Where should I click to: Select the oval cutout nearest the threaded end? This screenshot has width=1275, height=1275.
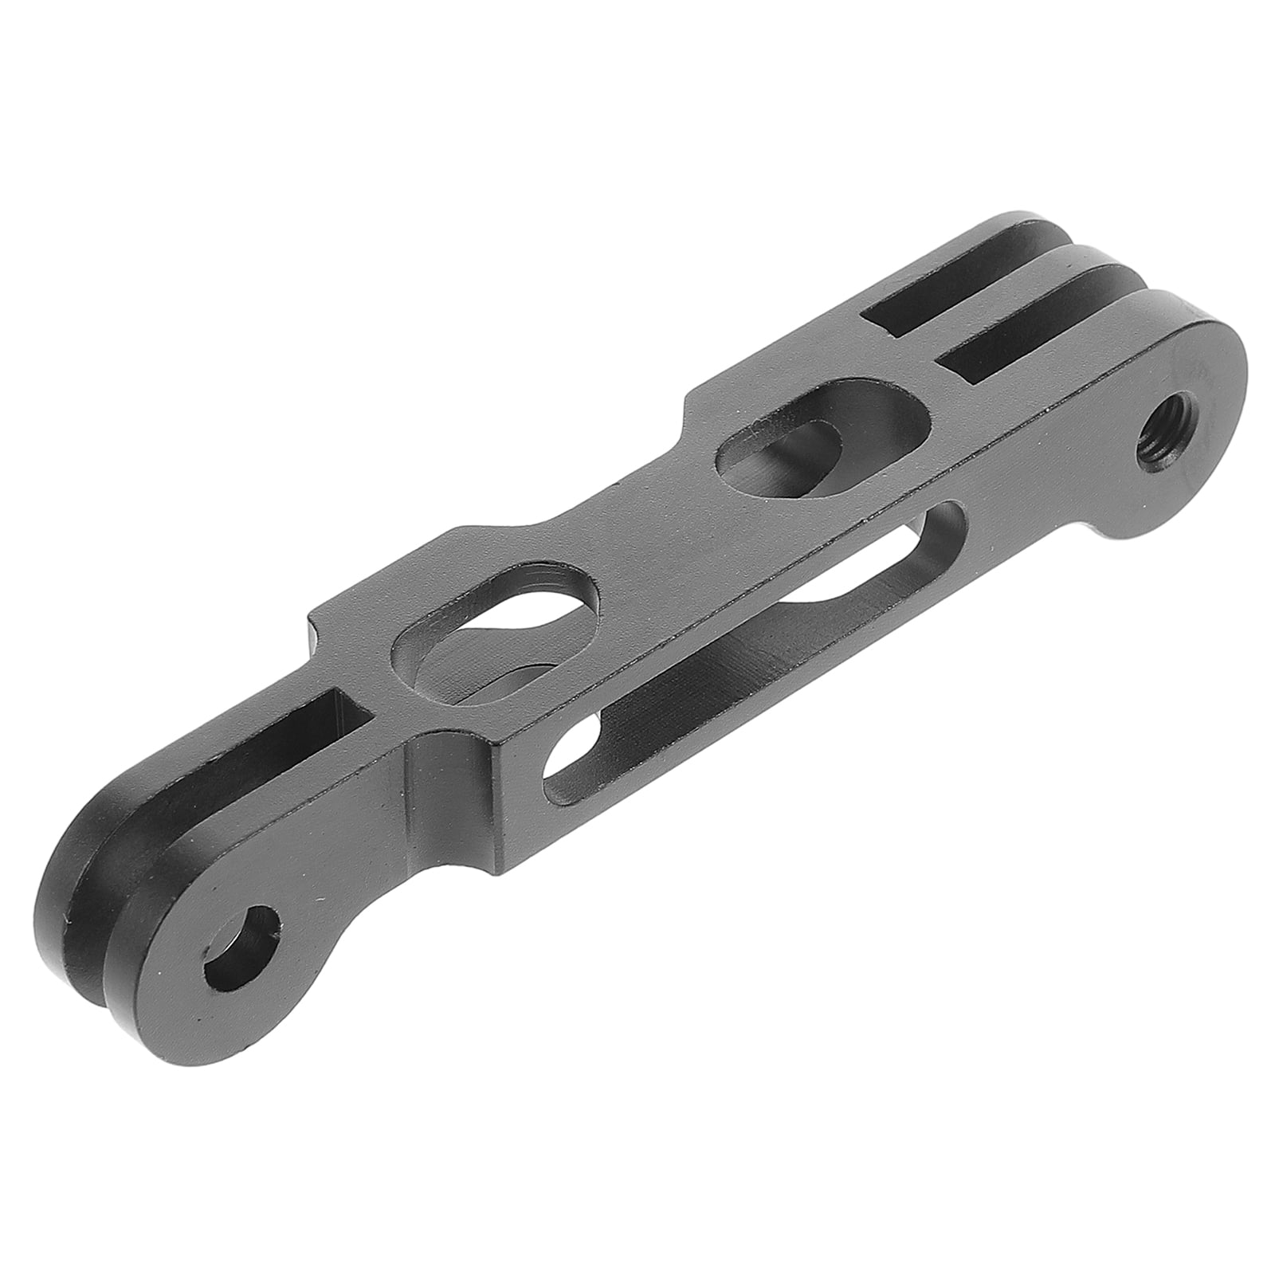821,444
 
